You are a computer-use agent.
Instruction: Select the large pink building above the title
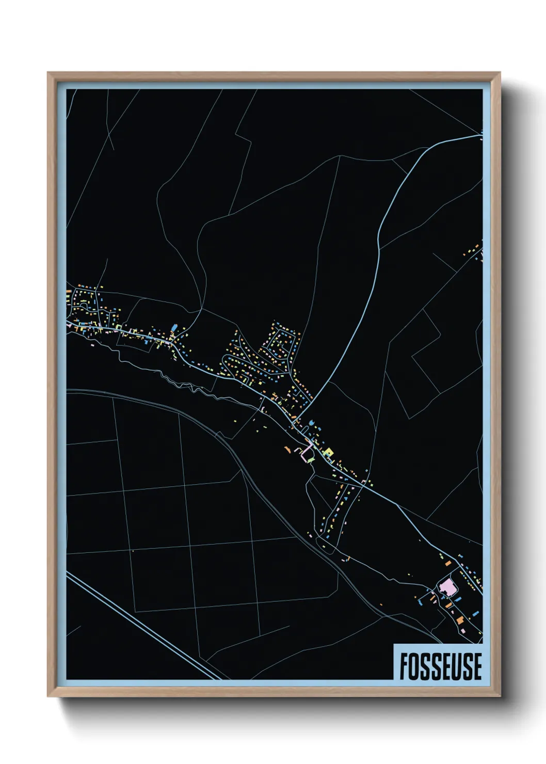(447, 587)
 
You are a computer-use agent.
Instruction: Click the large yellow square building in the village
(328, 453)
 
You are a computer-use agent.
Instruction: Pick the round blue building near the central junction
(311, 423)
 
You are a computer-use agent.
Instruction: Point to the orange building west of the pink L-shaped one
(287, 450)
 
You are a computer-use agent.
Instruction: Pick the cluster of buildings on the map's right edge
(475, 251)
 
